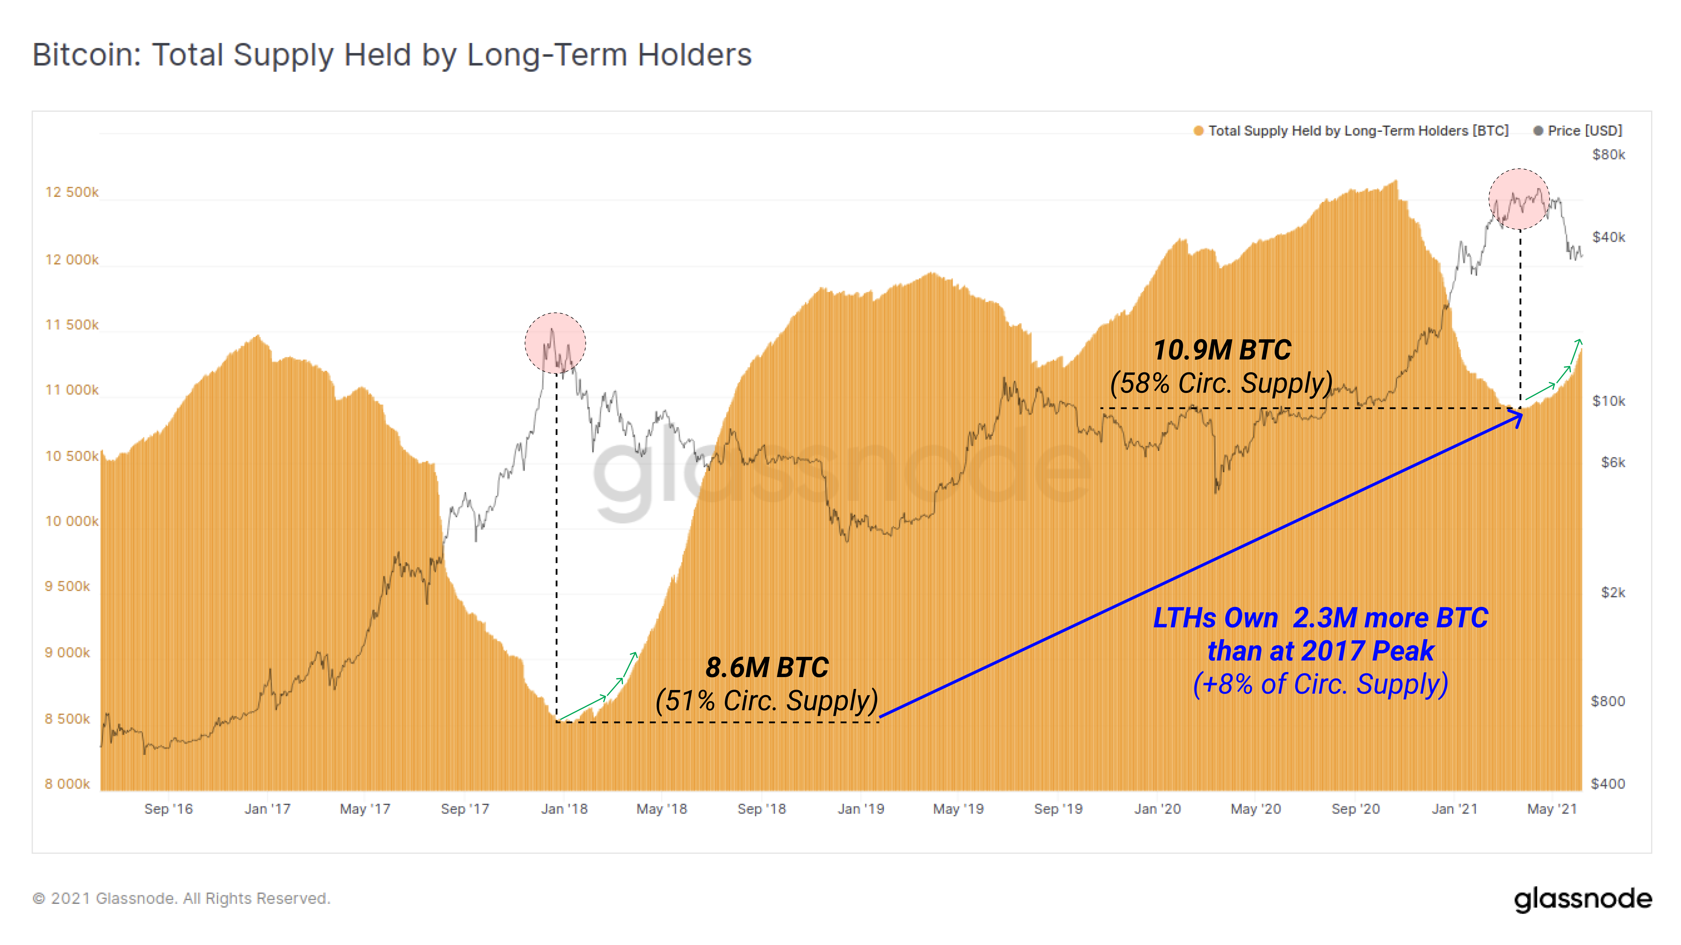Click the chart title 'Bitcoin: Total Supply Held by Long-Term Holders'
click(391, 55)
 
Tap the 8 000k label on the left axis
click(67, 784)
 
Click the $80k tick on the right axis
click(1608, 155)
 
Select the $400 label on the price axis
click(1608, 784)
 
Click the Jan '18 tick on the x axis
click(564, 809)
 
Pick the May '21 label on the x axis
click(1552, 809)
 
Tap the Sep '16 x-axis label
click(168, 809)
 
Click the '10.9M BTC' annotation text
click(1222, 351)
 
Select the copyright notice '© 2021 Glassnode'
click(182, 899)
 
